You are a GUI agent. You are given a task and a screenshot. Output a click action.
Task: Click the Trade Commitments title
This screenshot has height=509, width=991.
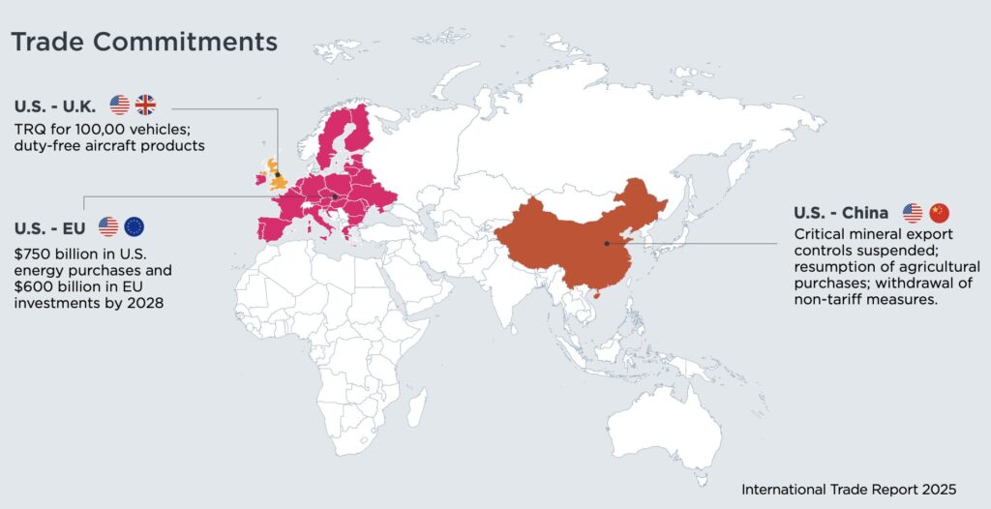[x=143, y=43]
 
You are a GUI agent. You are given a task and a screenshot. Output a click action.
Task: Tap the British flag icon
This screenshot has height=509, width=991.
[x=145, y=105]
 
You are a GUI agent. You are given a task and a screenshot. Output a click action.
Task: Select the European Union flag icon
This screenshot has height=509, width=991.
[x=134, y=226]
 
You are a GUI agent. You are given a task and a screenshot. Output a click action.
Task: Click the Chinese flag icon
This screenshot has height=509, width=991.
[x=939, y=213]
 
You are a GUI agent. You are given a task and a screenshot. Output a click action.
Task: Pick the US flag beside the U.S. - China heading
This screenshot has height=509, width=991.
[x=912, y=213]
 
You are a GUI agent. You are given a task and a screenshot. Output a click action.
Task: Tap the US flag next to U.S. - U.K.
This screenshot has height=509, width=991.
[x=119, y=105]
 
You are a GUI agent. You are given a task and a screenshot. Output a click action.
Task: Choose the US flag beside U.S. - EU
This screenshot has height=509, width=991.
[x=107, y=226]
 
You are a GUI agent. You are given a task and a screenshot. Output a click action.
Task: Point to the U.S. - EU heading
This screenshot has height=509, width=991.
[x=50, y=227]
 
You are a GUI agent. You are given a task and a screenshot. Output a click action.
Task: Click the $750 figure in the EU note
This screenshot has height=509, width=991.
[x=33, y=253]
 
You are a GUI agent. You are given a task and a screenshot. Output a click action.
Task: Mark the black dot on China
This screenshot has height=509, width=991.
[x=607, y=243]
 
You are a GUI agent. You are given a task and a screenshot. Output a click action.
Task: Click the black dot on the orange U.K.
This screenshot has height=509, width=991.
[x=278, y=175]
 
